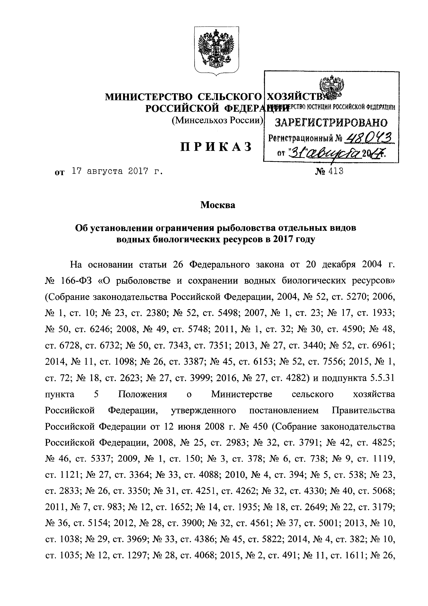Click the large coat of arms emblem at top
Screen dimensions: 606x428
217,50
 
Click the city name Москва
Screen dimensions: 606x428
218,205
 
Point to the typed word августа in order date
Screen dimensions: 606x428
104,172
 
